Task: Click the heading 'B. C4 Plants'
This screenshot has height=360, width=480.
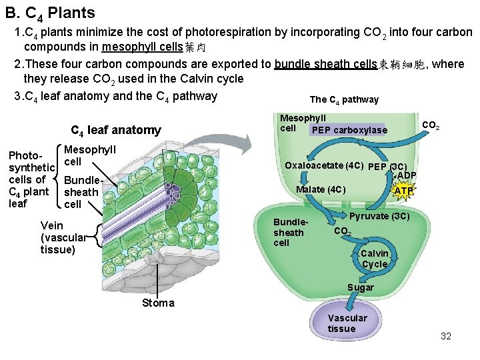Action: [x=50, y=13]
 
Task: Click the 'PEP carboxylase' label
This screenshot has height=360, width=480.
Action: [x=349, y=130]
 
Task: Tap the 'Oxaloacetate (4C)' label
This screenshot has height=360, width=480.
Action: [x=324, y=165]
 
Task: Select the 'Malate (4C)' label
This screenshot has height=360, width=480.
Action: [x=321, y=189]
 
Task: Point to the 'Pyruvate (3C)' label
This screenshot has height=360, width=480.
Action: [x=380, y=216]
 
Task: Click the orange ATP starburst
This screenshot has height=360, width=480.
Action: [x=404, y=191]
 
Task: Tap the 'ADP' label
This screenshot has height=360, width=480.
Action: [x=407, y=176]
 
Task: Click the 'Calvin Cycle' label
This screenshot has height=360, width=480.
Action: [x=375, y=259]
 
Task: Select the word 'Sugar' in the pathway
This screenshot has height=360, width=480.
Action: [x=361, y=287]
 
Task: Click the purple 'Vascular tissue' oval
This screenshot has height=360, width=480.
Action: [x=347, y=323]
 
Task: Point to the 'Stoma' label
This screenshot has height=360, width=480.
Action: [x=158, y=303]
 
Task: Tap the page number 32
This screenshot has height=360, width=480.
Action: [x=446, y=336]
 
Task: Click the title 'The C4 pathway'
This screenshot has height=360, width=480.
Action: [x=344, y=99]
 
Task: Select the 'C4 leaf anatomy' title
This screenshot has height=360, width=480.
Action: [x=115, y=130]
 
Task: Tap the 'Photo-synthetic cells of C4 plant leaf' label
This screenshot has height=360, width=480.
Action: [x=31, y=179]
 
